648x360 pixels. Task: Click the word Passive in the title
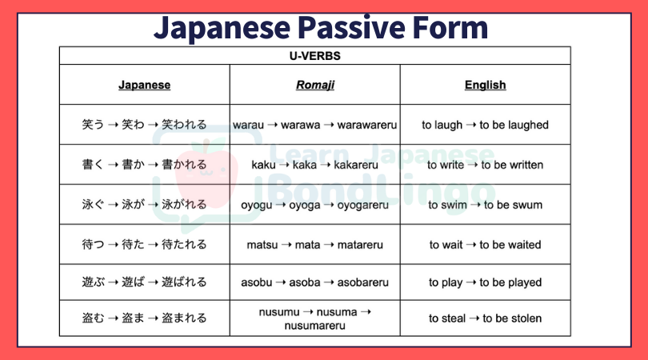point(352,28)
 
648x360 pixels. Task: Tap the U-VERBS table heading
point(315,56)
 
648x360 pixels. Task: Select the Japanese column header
point(144,85)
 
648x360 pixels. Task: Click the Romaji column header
point(315,85)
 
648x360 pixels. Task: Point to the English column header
point(485,85)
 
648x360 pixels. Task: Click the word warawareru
point(367,125)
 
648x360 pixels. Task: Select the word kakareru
point(356,165)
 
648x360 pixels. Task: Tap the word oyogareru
point(363,205)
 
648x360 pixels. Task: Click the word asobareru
point(363,282)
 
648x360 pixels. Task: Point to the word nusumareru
point(315,326)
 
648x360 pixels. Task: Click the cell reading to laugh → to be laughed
point(485,125)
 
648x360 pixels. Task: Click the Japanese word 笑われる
point(184,125)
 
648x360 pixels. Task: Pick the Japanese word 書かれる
point(184,165)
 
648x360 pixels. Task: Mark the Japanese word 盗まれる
point(184,318)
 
